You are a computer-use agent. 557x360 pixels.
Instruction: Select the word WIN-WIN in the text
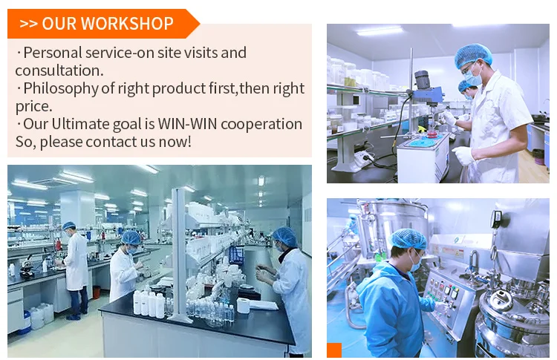[x=187, y=123]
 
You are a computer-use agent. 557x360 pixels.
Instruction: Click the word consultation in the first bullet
[x=59, y=71]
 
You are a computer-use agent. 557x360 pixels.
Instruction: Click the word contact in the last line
[x=108, y=142]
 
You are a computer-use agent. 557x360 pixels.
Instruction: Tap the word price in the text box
[x=33, y=106]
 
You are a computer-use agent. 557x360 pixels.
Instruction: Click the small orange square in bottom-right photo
[x=334, y=350]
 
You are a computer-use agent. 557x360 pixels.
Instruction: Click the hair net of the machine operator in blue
[x=408, y=238]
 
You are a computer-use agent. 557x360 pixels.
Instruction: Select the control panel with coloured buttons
[x=442, y=293]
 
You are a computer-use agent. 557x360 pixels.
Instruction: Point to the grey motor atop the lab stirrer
[x=422, y=79]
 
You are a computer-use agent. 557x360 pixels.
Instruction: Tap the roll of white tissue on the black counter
[x=244, y=305]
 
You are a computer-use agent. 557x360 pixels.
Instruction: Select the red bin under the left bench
[x=97, y=292]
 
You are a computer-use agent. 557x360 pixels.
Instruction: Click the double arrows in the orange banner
[x=28, y=24]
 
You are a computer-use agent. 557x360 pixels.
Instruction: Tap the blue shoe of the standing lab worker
[x=74, y=317]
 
